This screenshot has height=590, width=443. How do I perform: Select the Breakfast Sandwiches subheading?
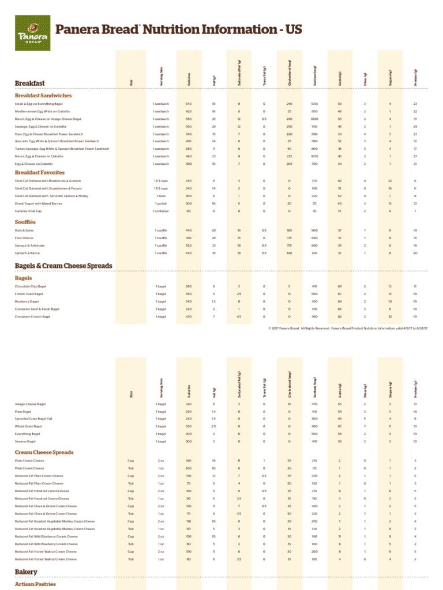tap(43, 95)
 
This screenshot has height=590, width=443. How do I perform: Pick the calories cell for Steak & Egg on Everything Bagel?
tap(189, 104)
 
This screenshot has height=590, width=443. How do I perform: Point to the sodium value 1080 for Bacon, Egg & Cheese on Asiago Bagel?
tap(314, 119)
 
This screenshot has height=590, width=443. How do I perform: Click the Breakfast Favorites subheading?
tap(40, 172)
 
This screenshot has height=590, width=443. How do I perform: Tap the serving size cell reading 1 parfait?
tap(161, 203)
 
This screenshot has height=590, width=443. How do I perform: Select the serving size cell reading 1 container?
tap(161, 211)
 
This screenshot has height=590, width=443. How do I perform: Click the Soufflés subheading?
tap(25, 222)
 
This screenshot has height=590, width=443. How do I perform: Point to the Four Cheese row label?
tap(24, 238)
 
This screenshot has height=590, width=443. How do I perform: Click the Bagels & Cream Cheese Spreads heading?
tap(63, 266)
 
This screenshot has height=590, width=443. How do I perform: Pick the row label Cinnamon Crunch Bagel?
tap(37, 316)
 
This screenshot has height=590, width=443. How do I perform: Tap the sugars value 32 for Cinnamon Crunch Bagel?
tap(390, 316)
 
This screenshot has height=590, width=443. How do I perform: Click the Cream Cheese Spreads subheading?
tap(44, 452)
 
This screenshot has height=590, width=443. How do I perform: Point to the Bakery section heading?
tap(26, 572)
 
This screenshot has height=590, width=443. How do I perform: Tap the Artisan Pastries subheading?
tap(35, 584)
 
